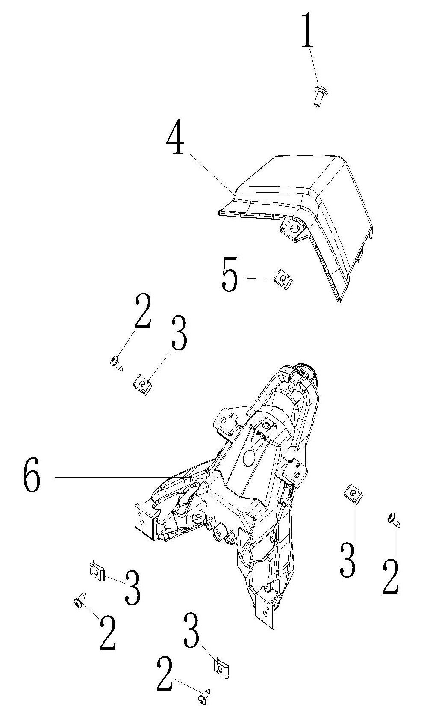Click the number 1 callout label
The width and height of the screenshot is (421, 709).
pyautogui.click(x=308, y=30)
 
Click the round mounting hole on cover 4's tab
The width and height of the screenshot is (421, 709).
pyautogui.click(x=295, y=228)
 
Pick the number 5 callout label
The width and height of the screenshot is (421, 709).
pyautogui.click(x=230, y=274)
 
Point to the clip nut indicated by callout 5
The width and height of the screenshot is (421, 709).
pyautogui.click(x=283, y=279)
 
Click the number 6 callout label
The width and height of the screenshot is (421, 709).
pyautogui.click(x=32, y=477)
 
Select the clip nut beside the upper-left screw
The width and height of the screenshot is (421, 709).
pyautogui.click(x=143, y=385)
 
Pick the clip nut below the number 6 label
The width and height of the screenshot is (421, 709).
pyautogui.click(x=97, y=570)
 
